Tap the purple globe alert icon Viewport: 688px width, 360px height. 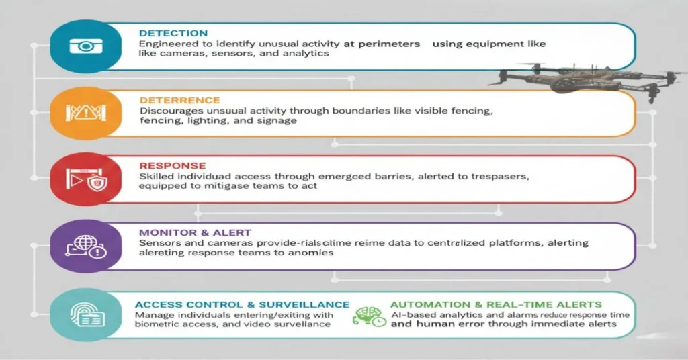tap(84, 246)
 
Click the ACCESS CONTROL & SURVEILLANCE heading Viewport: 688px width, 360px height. tap(242, 304)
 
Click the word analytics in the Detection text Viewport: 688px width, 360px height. tap(307, 53)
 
